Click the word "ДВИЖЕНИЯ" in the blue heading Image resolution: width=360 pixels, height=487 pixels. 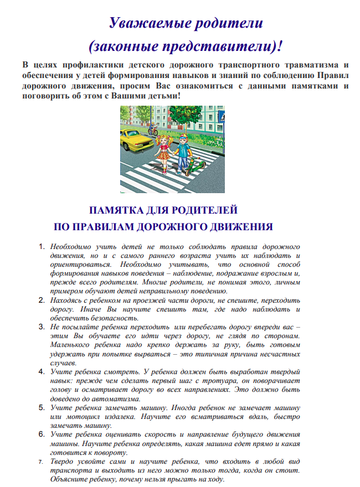(x=243, y=226)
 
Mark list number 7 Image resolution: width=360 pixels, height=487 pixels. (x=43, y=461)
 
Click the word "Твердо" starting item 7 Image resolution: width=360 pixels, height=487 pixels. (x=63, y=461)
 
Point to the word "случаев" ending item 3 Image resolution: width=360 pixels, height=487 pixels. (x=64, y=363)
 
